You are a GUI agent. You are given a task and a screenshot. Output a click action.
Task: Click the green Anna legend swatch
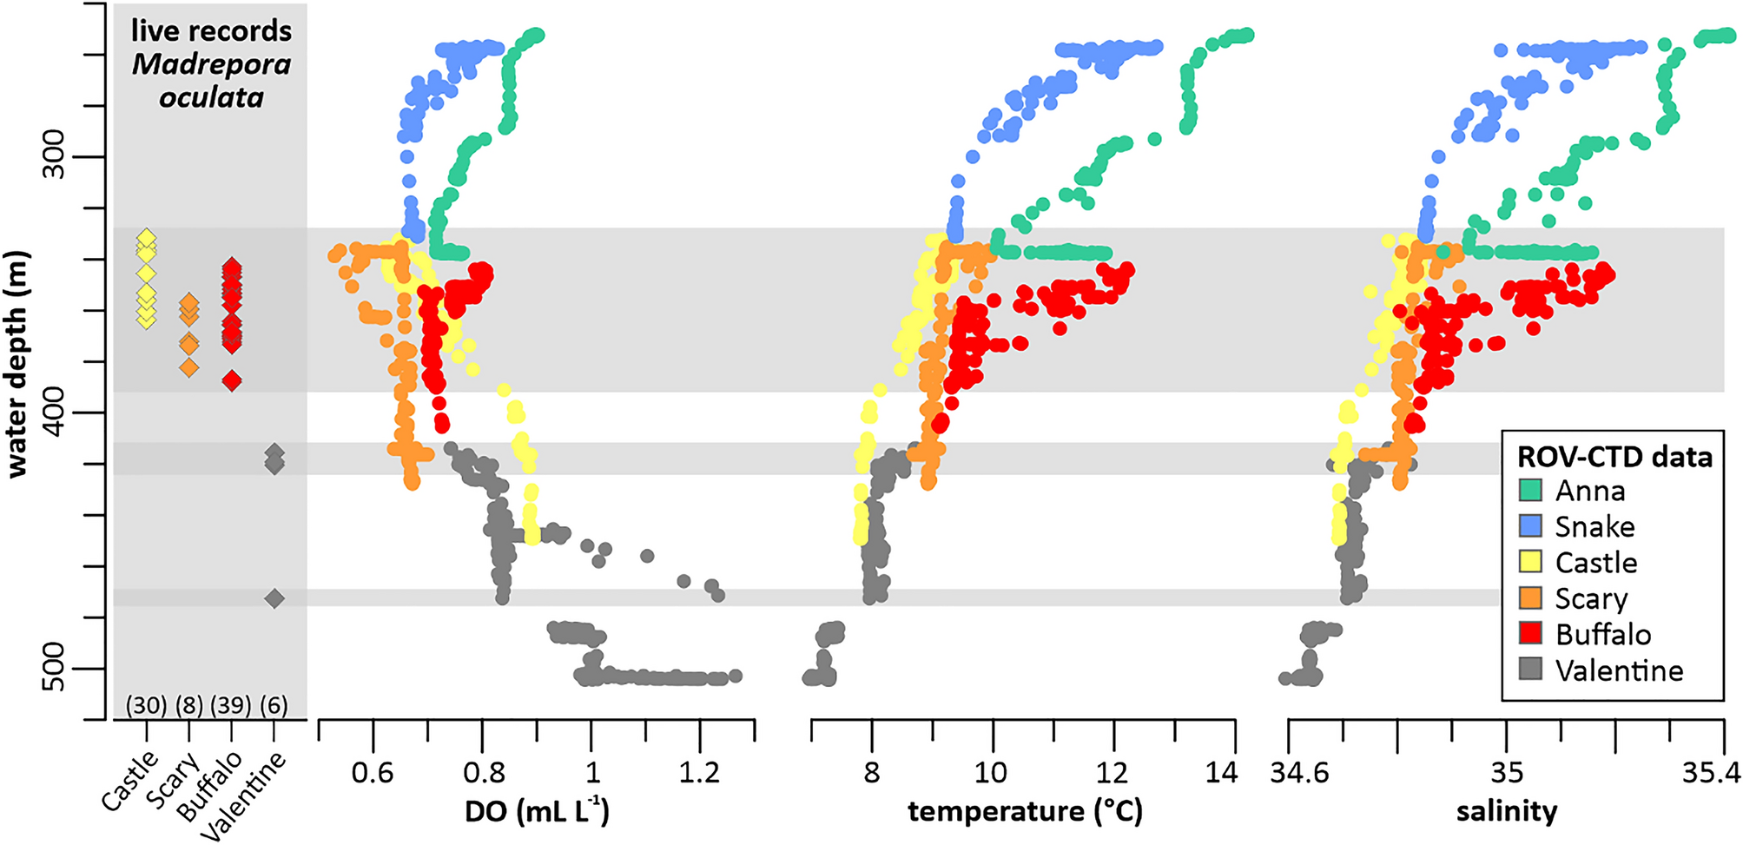point(1530,491)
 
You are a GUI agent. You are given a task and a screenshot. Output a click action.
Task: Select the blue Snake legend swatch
point(1530,526)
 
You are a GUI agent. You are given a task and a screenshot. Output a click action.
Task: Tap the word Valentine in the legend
point(1619,670)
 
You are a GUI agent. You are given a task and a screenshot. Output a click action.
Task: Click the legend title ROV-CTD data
point(1614,457)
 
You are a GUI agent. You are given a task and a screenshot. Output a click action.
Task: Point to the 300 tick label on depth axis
point(54,155)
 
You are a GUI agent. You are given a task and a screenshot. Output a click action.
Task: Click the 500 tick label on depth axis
point(54,667)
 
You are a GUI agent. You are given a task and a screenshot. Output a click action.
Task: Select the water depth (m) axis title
point(17,365)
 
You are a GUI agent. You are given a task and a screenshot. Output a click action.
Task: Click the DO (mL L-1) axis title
point(537,811)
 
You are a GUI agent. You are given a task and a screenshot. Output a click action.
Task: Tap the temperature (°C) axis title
point(1025,811)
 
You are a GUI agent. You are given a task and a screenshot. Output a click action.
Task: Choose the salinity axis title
point(1506,811)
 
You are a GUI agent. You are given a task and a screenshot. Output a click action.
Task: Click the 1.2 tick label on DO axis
point(699,772)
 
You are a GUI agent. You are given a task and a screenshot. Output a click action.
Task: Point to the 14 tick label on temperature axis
point(1220,772)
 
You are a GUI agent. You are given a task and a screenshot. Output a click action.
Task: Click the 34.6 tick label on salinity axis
point(1299,772)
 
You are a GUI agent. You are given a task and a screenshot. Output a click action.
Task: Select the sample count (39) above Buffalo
point(230,705)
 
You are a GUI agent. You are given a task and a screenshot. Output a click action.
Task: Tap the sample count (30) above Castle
point(146,705)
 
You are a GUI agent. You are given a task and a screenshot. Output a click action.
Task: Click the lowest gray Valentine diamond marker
point(274,597)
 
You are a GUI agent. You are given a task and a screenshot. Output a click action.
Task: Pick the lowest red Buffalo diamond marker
point(231,380)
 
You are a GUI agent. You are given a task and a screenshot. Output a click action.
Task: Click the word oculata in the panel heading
point(211,97)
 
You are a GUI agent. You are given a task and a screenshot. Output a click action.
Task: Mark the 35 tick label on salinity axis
point(1506,772)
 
